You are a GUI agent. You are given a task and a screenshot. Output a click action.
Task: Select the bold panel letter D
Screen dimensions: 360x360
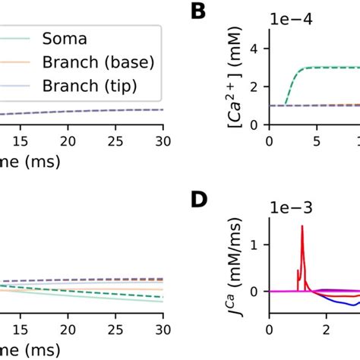[199, 201]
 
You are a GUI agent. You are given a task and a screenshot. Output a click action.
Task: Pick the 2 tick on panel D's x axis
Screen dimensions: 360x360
[326, 330]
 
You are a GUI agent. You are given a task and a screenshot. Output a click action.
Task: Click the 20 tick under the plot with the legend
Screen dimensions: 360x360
[68, 141]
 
